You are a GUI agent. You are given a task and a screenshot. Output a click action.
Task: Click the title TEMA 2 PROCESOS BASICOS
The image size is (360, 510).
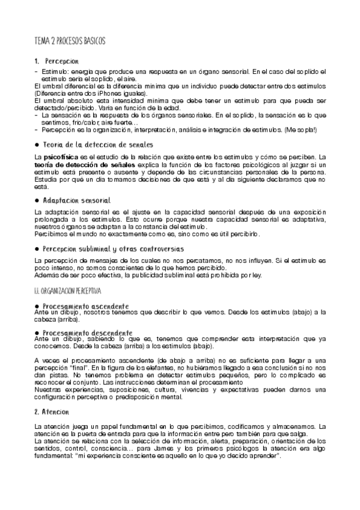click(70, 41)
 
